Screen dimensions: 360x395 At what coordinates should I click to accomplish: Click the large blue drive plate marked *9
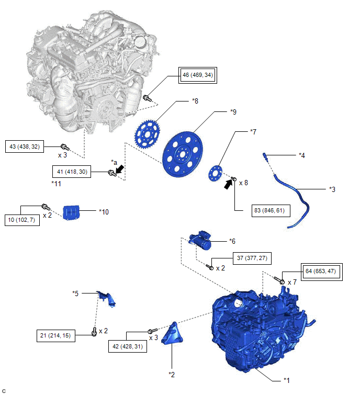point(183,154)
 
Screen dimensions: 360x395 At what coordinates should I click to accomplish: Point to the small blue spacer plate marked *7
point(216,173)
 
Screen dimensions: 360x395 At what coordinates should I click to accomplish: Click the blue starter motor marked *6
point(200,240)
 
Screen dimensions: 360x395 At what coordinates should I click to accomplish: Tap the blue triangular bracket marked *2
point(172,334)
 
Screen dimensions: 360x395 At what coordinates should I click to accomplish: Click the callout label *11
point(56,184)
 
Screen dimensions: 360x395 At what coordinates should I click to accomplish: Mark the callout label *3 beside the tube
point(332,189)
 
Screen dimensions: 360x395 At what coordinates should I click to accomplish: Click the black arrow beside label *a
point(120,169)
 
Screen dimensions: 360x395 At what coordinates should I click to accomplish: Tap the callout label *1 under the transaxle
point(286,380)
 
